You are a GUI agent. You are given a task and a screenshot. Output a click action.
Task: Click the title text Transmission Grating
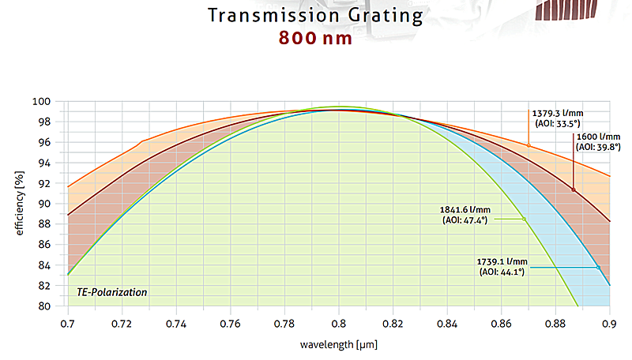[x=315, y=15]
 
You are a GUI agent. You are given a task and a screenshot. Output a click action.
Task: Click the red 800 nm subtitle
[x=315, y=38]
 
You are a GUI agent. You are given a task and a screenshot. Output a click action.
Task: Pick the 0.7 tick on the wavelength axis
[x=68, y=324]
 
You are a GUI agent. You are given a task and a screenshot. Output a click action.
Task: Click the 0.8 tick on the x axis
[x=339, y=324]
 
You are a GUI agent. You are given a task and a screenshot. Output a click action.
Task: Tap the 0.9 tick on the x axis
[x=609, y=324]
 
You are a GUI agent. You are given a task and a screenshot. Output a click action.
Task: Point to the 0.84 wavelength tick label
[x=447, y=324]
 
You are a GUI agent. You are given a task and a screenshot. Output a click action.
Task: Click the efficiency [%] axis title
[x=18, y=204]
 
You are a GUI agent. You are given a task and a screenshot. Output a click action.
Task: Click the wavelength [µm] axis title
[x=338, y=345]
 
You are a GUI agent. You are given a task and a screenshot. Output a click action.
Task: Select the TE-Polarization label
[x=111, y=292]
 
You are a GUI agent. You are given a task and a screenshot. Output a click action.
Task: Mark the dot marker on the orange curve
[x=529, y=145]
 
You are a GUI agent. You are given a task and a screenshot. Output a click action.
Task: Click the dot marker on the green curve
[x=524, y=219]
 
